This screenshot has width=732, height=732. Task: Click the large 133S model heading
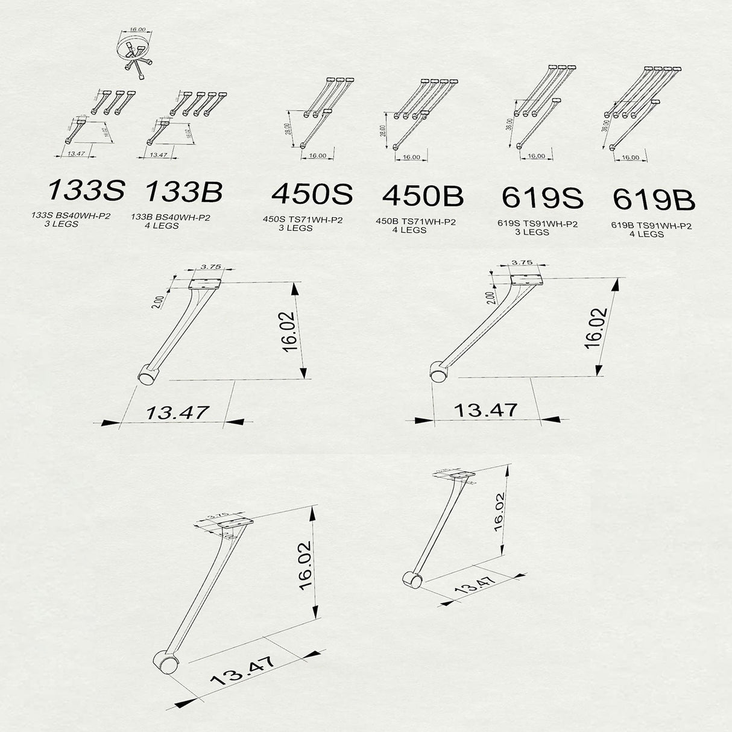[x=86, y=190]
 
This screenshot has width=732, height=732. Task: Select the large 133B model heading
[x=184, y=191]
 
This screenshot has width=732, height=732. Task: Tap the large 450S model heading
[x=312, y=194]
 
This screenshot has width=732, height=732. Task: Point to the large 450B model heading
[x=423, y=196]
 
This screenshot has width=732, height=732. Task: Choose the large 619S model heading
[x=542, y=198]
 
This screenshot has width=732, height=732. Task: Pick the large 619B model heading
[x=654, y=200]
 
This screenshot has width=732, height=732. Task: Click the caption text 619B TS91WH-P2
[x=651, y=226]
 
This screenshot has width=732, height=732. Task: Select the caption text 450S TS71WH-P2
[x=303, y=220]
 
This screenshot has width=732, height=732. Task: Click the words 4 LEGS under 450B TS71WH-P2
[x=409, y=230]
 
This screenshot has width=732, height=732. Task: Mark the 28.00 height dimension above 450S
[x=289, y=130]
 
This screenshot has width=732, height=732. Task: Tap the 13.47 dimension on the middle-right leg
[x=485, y=410]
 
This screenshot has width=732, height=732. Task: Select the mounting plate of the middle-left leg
[x=206, y=282]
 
